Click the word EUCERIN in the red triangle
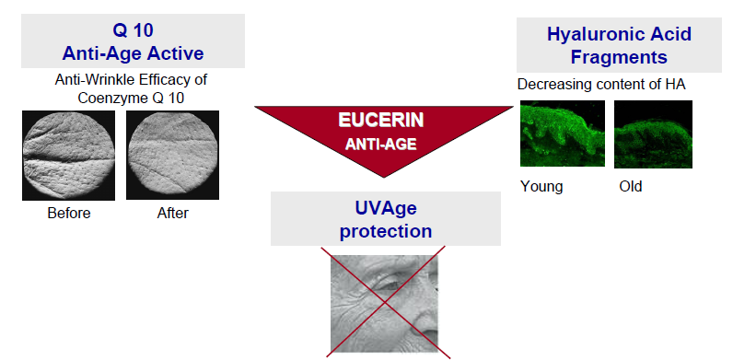pos(381,121)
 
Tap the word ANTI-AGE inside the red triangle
pos(381,145)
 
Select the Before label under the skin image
pos(69,214)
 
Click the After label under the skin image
pos(173,214)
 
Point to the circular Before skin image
pos(69,156)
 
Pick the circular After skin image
pos(172,156)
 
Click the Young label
pos(541,187)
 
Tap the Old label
pos(631,187)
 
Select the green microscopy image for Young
pos(563,134)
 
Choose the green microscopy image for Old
pos(653,134)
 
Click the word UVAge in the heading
pos(386,208)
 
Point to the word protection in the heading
pos(386,231)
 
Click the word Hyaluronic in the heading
pos(596,34)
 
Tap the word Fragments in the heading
pos(619,57)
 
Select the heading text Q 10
pos(134,30)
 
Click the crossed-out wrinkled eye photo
pos(384,304)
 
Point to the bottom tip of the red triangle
pos(384,178)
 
